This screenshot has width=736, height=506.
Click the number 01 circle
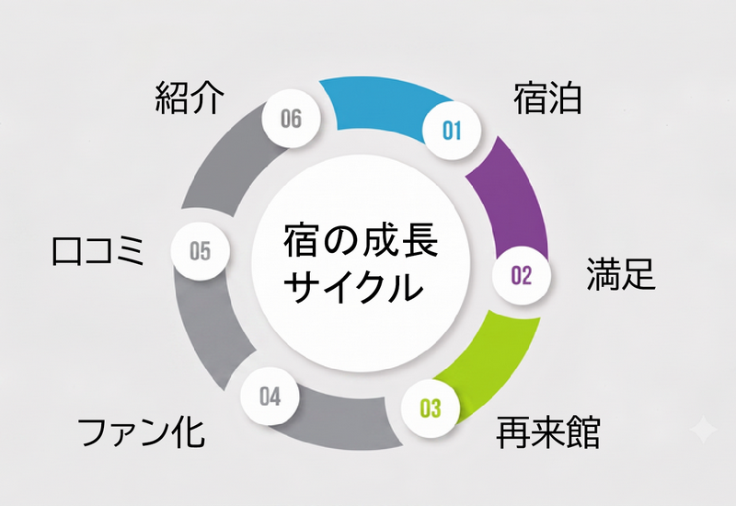tap(452, 130)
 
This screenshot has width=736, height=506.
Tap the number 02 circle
tap(521, 275)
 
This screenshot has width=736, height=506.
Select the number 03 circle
tap(430, 408)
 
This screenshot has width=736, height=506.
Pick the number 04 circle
tap(270, 396)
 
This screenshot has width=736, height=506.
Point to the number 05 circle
tap(200, 250)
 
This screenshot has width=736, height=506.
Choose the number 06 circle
tap(291, 119)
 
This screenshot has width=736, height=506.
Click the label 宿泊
tap(547, 98)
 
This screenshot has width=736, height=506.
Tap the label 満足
tap(620, 273)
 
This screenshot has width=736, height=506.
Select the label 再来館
tap(547, 431)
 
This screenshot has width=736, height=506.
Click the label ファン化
tap(142, 432)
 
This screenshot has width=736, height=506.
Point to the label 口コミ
tap(98, 251)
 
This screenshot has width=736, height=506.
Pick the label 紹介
tap(190, 98)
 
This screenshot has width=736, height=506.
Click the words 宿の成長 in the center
tap(361, 240)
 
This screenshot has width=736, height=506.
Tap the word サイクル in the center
tap(353, 286)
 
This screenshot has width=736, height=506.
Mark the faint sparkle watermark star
tap(703, 429)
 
